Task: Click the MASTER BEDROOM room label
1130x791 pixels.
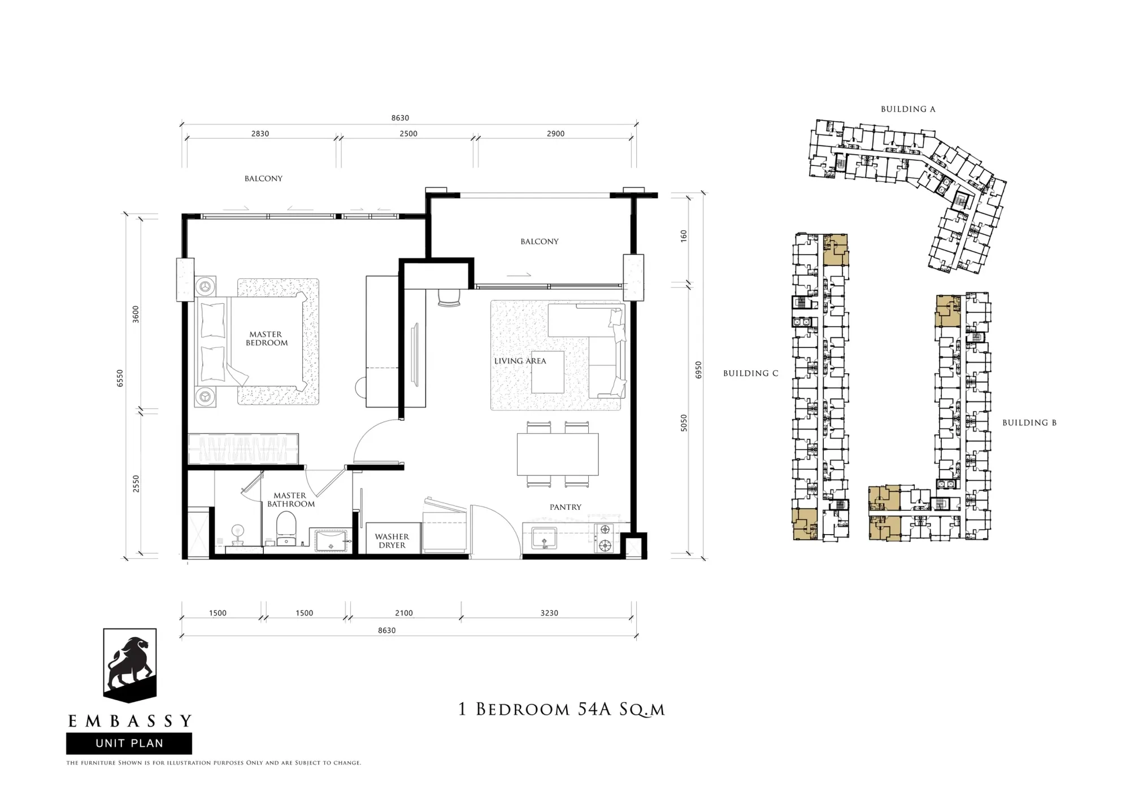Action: [266, 339]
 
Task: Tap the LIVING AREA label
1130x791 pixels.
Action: [520, 361]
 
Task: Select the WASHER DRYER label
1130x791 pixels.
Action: [392, 541]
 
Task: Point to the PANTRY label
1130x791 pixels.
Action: [566, 507]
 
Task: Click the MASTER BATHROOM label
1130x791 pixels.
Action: [290, 500]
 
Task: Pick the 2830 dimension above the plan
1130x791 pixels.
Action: [260, 134]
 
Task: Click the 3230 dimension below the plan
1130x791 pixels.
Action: [549, 613]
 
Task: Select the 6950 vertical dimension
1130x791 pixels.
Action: [699, 370]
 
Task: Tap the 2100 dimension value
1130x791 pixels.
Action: [404, 613]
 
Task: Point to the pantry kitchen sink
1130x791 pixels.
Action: [544, 539]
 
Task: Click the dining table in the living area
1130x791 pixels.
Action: [558, 454]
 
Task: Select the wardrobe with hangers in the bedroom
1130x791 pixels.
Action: [243, 449]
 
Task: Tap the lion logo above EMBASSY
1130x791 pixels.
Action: [130, 665]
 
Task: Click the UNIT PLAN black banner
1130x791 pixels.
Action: [129, 744]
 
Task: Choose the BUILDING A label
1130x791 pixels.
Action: [908, 109]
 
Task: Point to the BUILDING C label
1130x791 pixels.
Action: [751, 373]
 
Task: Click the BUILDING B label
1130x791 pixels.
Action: [1029, 422]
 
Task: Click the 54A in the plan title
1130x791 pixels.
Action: [595, 709]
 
